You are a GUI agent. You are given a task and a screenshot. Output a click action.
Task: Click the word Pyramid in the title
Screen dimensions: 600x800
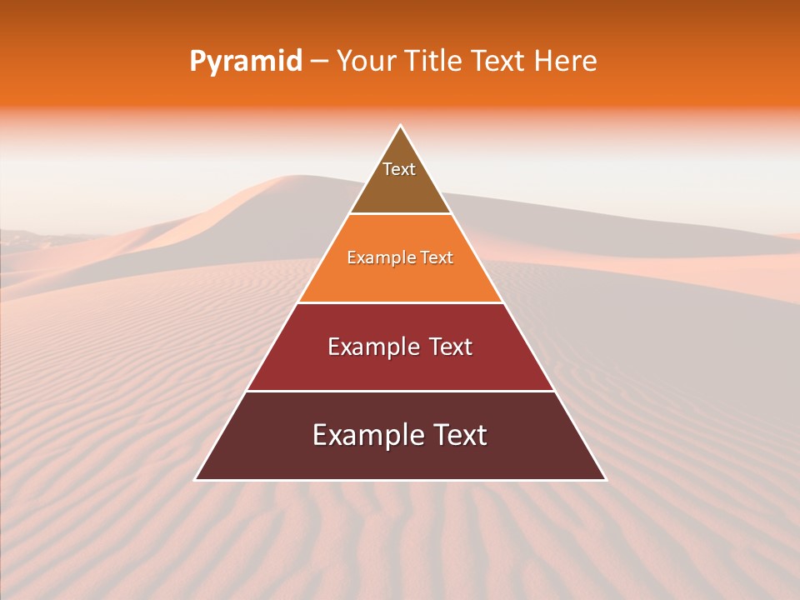point(245,62)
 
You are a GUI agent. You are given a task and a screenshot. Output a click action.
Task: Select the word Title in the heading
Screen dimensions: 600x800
point(434,62)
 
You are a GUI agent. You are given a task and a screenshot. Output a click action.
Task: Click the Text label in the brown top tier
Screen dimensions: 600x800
point(399,169)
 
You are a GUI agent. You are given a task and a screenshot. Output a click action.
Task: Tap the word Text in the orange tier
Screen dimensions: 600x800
point(437,257)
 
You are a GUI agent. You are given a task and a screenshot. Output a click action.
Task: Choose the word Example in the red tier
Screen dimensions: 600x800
point(372,347)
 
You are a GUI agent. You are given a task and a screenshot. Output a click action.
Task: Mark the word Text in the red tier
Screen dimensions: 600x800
point(451,347)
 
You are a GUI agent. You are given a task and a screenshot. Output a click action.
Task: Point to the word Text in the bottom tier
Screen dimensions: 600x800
point(459,435)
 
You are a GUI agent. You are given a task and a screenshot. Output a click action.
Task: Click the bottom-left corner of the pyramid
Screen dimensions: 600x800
point(196,479)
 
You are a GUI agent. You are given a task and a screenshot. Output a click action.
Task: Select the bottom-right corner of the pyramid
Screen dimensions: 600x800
point(605,479)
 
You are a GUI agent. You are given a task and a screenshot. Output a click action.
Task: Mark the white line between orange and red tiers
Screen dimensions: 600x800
point(400,302)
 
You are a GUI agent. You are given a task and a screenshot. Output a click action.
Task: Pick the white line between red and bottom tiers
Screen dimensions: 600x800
point(400,391)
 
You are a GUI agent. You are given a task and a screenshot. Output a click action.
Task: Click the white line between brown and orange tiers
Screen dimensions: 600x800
point(400,214)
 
